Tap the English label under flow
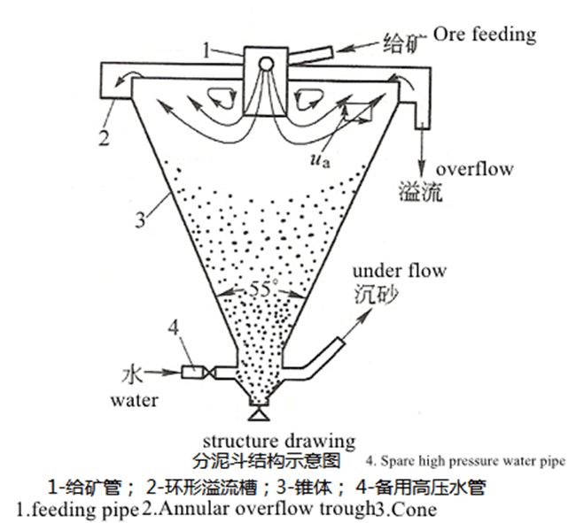coord(400,270)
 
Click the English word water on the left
coord(134,399)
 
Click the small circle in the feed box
coord(264,64)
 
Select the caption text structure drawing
coord(279,441)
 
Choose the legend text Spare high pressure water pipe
coord(465,461)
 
